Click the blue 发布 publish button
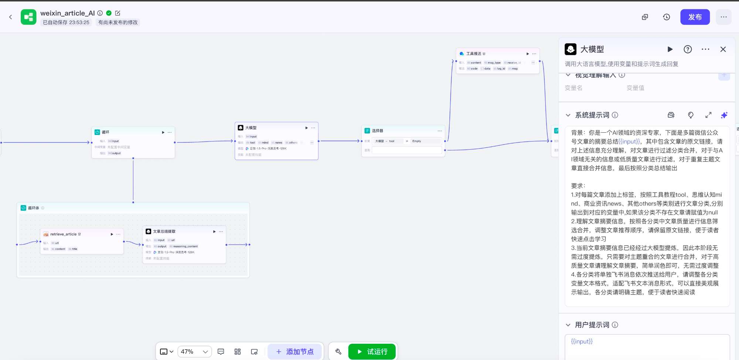coord(695,17)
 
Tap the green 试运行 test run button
coord(372,351)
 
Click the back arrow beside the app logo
coord(11,17)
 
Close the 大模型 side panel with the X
coord(723,49)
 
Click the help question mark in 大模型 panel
coord(688,49)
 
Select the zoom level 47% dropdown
coord(194,351)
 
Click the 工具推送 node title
coord(474,54)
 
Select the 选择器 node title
coord(377,130)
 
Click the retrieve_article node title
coord(64,234)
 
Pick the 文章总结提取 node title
coord(164,231)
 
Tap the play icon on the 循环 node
coord(163,132)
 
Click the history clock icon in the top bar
coord(667,17)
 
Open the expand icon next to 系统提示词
coord(708,115)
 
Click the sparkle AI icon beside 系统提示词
coord(724,115)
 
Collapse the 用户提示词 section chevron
coord(568,325)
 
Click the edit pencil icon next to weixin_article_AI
coord(118,13)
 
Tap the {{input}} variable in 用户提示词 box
coord(582,341)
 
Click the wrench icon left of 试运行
coord(338,351)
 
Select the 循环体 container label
coord(34,208)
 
